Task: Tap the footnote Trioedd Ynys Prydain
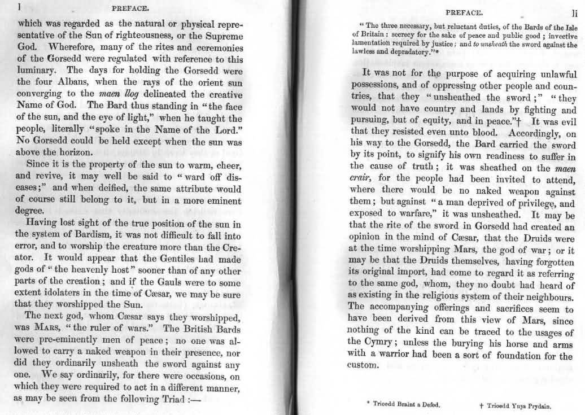pyautogui.click(x=514, y=405)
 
